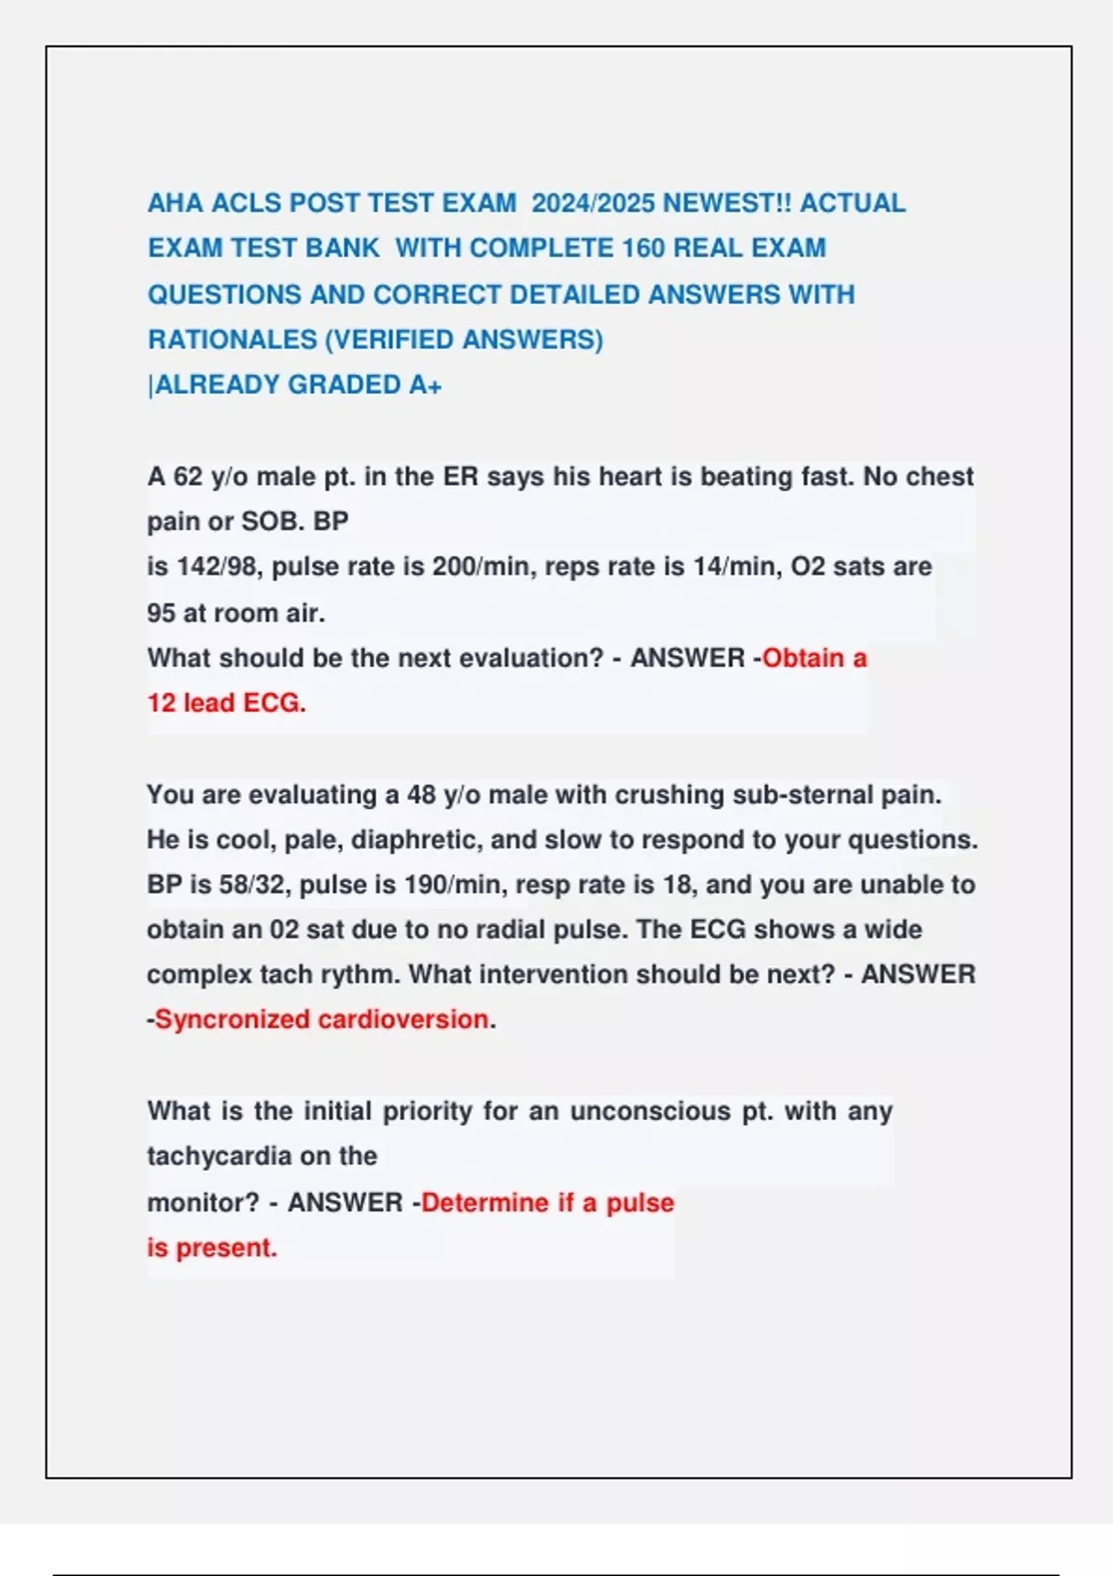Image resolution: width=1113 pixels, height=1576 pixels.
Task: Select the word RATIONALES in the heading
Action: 232,339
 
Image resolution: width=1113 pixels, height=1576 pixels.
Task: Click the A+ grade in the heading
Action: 426,385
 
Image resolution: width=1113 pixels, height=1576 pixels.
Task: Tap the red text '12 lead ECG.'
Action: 226,703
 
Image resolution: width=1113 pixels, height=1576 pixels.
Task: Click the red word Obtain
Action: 803,658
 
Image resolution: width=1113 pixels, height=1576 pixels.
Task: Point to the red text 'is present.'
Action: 211,1248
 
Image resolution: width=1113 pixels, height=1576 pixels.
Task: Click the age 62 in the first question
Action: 188,477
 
